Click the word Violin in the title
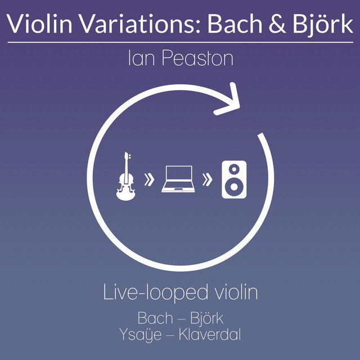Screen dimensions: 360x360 click(x=39, y=24)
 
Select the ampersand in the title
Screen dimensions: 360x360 click(x=277, y=24)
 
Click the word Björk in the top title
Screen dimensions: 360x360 click(x=322, y=24)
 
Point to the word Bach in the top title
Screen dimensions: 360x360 click(x=235, y=24)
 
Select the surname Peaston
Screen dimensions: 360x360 click(x=197, y=58)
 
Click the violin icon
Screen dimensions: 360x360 click(x=125, y=176)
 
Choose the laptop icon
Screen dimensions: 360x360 click(x=178, y=179)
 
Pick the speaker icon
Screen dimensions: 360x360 click(x=234, y=179)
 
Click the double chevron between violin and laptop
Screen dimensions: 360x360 click(x=149, y=179)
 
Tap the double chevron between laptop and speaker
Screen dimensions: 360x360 click(x=208, y=179)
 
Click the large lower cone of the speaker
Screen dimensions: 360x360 click(x=234, y=187)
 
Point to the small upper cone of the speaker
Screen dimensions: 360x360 click(x=234, y=169)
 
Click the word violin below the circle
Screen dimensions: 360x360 click(x=236, y=292)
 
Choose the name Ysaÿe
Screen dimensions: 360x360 click(x=141, y=335)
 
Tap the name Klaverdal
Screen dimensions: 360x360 click(x=210, y=335)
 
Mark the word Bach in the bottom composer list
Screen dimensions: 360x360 click(x=155, y=318)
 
